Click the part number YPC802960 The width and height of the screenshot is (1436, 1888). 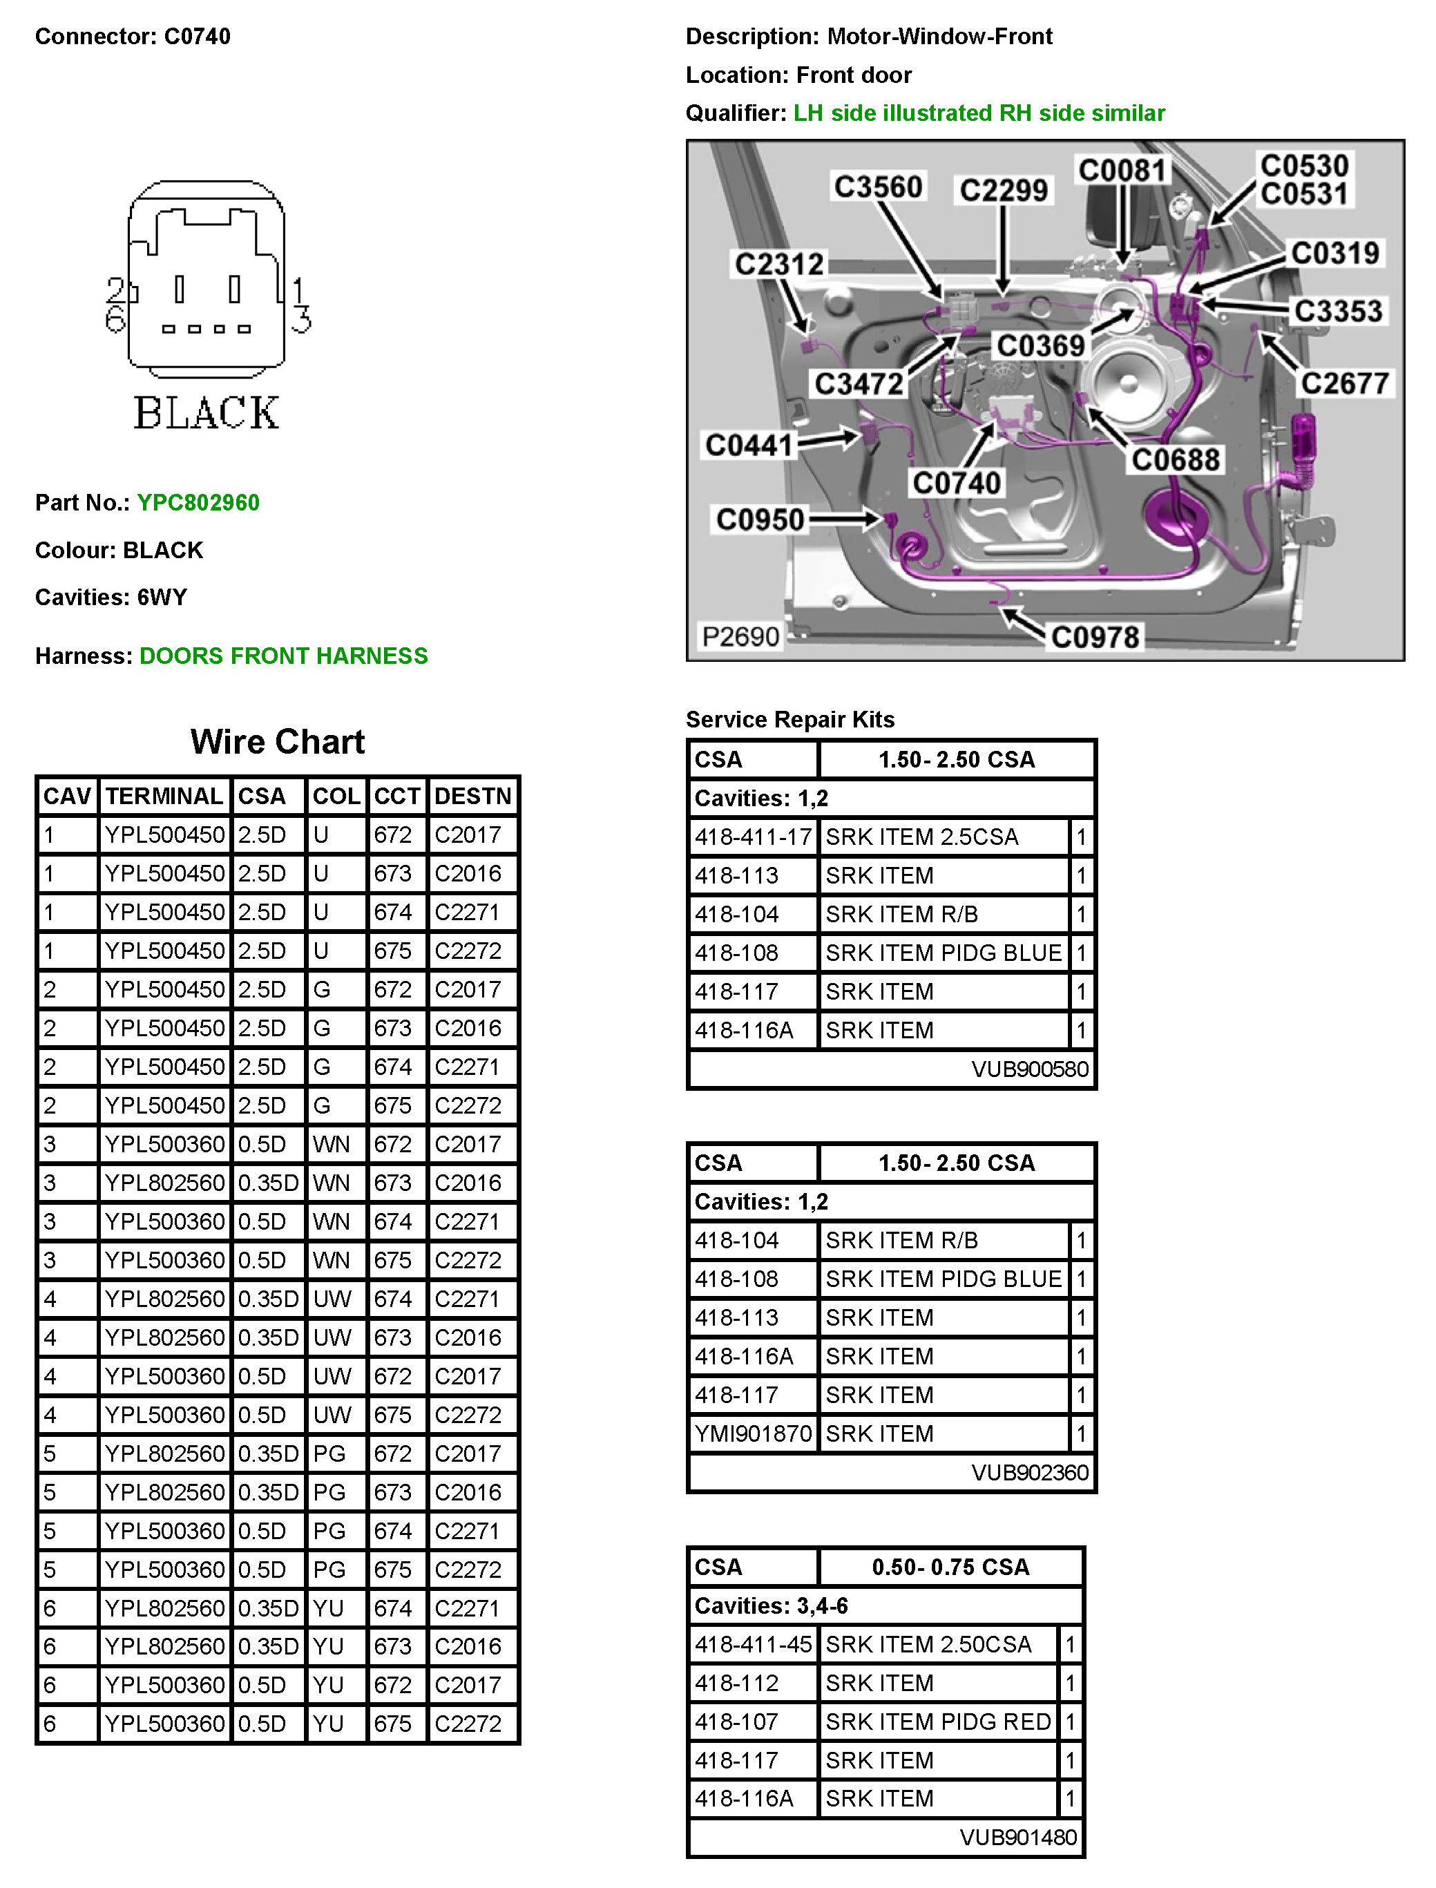[198, 502]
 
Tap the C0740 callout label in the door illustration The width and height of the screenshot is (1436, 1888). [957, 484]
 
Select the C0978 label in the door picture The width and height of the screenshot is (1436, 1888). [1095, 637]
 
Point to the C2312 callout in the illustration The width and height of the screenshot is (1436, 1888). [778, 264]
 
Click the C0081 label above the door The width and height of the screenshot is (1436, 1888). [1122, 170]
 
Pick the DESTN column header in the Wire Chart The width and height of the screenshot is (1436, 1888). [472, 797]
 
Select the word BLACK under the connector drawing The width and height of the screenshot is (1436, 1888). [206, 413]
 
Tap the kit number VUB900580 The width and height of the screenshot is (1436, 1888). [1030, 1069]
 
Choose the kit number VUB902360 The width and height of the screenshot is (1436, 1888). [1030, 1473]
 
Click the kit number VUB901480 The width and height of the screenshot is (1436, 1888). [1018, 1838]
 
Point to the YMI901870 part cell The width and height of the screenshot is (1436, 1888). [753, 1433]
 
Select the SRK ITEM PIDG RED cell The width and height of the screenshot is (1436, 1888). [938, 1722]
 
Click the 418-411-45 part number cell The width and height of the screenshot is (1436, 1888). [753, 1644]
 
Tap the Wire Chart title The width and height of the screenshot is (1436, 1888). [278, 742]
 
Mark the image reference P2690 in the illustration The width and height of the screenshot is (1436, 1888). [740, 637]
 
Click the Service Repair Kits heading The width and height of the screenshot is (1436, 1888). [789, 720]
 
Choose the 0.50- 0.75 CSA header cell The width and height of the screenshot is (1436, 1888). [950, 1567]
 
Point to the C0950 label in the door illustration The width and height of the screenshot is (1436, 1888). [760, 519]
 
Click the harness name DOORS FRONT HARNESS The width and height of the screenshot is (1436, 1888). [284, 656]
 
